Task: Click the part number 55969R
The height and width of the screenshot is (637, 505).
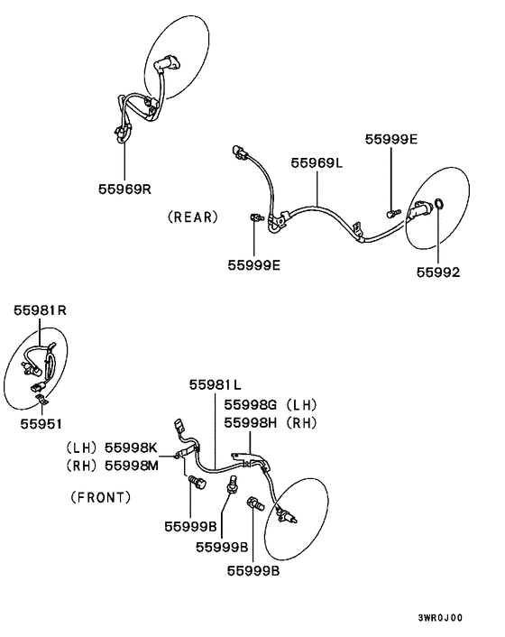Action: pos(124,189)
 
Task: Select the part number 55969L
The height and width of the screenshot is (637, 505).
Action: pos(317,163)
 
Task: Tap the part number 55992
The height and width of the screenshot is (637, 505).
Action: pos(438,272)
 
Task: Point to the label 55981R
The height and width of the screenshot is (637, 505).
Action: pos(40,310)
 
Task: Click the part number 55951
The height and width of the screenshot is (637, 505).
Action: pos(41,424)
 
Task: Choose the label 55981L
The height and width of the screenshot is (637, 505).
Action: pos(216,384)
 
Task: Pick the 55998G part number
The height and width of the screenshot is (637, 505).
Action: pos(251,404)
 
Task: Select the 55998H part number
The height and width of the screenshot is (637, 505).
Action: pos(251,423)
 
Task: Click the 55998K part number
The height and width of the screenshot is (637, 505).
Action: pos(131,448)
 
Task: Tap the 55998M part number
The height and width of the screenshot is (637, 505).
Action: pos(132,466)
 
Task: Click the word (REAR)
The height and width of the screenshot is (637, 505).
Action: pos(193,217)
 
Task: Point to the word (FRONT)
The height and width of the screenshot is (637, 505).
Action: pos(101,497)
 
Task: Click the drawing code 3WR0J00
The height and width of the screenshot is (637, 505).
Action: pos(440,618)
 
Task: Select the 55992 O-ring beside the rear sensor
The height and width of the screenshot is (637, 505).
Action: pos(439,204)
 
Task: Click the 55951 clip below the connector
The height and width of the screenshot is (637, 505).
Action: pos(41,399)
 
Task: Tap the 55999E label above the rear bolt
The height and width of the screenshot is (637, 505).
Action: pos(391,139)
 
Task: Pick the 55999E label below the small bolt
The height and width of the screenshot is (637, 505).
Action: pos(253,265)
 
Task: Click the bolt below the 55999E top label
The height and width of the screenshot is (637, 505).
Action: pos(393,212)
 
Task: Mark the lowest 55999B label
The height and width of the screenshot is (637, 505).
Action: pos(253,571)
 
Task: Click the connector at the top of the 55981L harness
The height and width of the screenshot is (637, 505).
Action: pos(179,428)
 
